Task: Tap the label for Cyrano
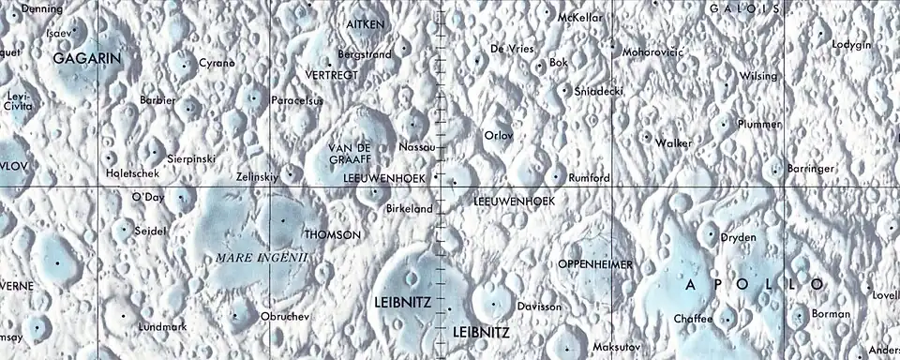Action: click(x=217, y=63)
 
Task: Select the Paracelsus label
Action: click(x=296, y=99)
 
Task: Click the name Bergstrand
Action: click(x=364, y=55)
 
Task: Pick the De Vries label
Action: click(x=512, y=48)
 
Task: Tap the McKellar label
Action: click(x=578, y=18)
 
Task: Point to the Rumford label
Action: click(x=590, y=178)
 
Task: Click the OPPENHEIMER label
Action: click(x=595, y=264)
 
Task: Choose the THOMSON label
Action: click(x=332, y=234)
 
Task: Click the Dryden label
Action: click(x=738, y=238)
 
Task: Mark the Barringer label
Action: click(x=811, y=169)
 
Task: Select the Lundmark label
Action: click(x=162, y=327)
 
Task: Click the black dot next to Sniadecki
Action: click(x=563, y=91)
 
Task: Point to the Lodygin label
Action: click(x=851, y=45)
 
